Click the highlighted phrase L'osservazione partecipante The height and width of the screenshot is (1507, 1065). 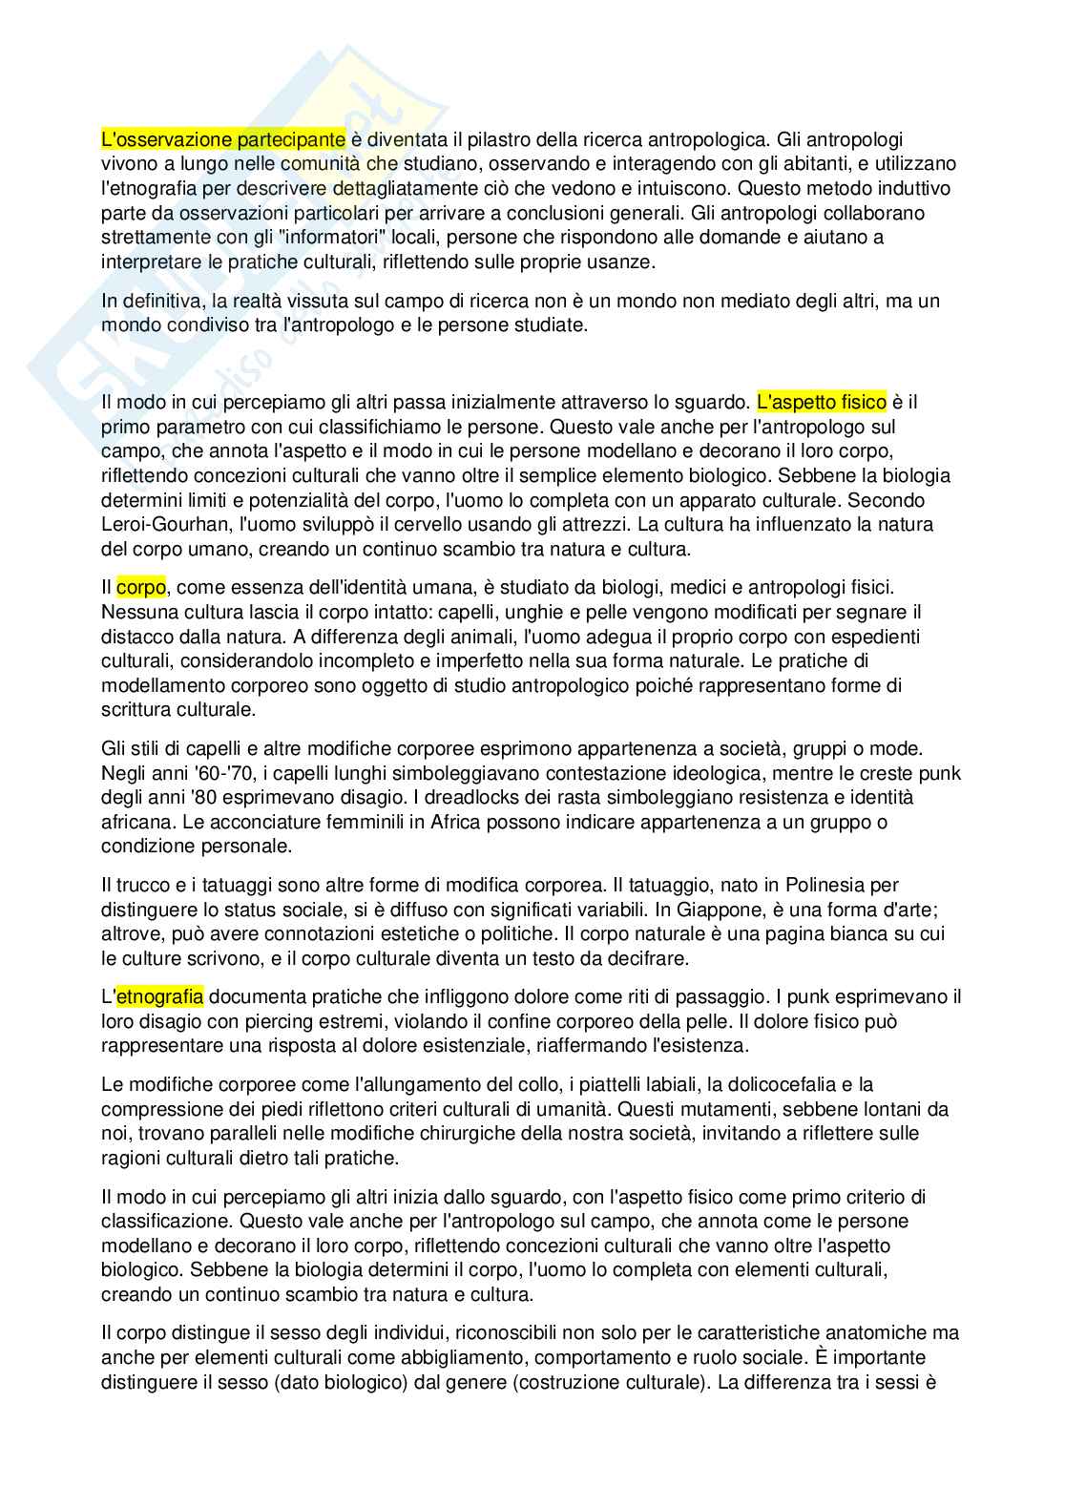pos(223,139)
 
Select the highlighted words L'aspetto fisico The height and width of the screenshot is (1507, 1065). pos(822,402)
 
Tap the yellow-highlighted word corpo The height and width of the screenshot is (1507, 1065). pos(141,587)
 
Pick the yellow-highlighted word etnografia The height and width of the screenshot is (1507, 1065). pos(159,997)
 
